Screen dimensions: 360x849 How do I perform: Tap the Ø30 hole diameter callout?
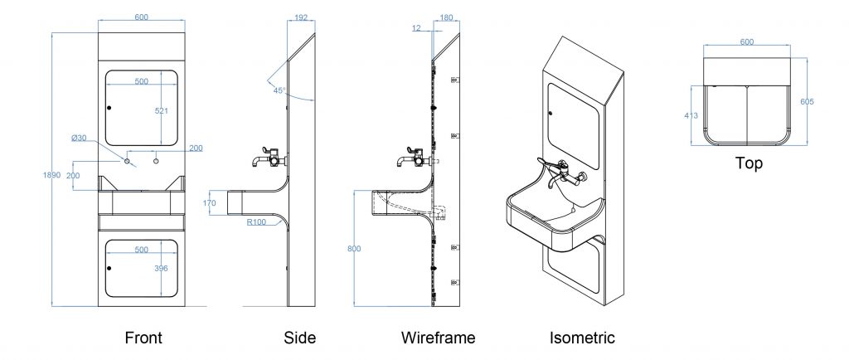point(80,138)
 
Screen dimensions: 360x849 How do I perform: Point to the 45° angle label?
point(279,90)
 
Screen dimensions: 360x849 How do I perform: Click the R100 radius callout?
point(257,221)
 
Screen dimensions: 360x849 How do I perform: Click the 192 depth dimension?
point(301,17)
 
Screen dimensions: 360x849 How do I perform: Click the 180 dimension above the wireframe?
point(447,17)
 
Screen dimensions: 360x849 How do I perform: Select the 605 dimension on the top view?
point(807,101)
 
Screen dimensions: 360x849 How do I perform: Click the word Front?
point(143,338)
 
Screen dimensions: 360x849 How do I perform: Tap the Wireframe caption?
point(439,338)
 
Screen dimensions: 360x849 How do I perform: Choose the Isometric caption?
point(582,338)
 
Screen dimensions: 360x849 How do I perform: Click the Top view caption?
point(749,163)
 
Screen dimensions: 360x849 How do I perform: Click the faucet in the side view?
point(269,156)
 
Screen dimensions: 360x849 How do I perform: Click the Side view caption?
point(299,338)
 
